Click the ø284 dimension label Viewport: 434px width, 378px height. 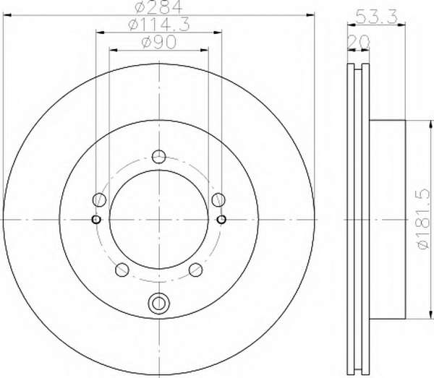click(x=159, y=7)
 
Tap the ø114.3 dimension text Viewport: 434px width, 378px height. click(x=159, y=25)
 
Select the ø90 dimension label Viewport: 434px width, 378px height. click(x=159, y=42)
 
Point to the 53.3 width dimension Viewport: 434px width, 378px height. click(x=377, y=17)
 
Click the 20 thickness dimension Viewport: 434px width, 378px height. click(x=359, y=41)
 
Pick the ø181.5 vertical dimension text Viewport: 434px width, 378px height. click(x=425, y=219)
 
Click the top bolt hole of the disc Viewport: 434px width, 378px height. click(x=159, y=157)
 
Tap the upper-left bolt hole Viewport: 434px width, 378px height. click(x=99, y=199)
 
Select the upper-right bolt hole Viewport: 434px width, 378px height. click(x=218, y=199)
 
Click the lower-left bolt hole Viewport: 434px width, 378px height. click(x=122, y=270)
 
